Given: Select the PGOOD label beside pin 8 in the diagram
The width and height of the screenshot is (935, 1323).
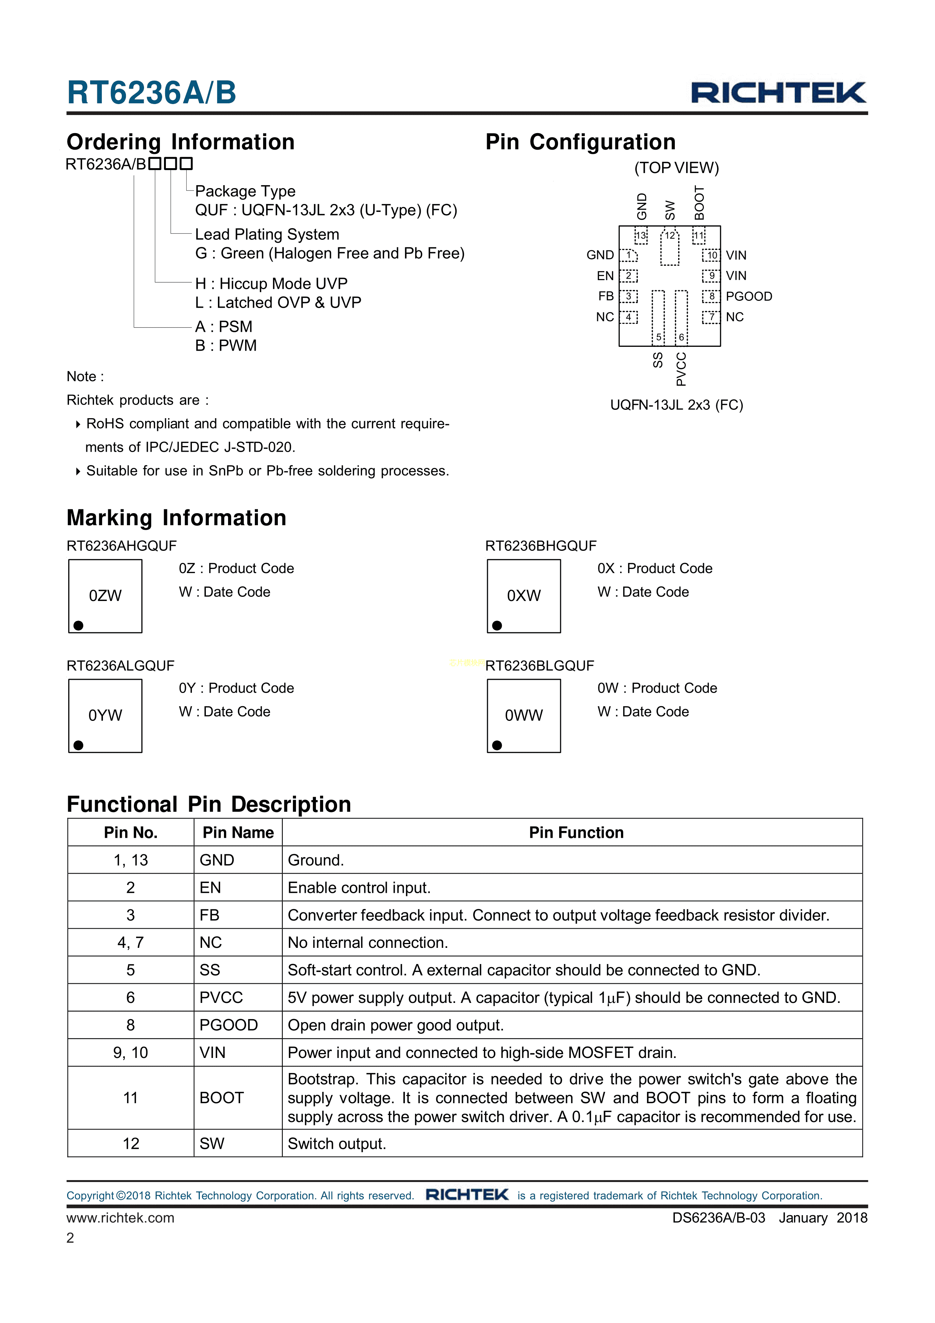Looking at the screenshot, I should pos(748,296).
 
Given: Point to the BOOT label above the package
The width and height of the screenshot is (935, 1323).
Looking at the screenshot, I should pos(699,203).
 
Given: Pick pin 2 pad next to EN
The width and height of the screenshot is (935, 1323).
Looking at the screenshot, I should pos(628,276).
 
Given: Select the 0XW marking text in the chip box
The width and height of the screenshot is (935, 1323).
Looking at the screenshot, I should pos(524,596).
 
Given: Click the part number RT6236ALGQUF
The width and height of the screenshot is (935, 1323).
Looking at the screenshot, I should pos(120,666).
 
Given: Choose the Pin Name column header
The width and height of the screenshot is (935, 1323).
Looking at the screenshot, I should pos(238,832).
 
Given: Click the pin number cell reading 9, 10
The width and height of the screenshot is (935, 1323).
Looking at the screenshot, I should pos(131,1053).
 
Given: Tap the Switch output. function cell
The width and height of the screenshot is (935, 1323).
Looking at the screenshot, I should pos(337,1144).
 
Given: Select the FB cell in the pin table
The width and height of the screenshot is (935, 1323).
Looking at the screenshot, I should pos(209,915).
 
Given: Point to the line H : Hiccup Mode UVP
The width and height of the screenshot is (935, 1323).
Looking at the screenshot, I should pos(271,284).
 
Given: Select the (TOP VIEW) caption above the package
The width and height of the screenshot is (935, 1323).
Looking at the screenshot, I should pos(676,168).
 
